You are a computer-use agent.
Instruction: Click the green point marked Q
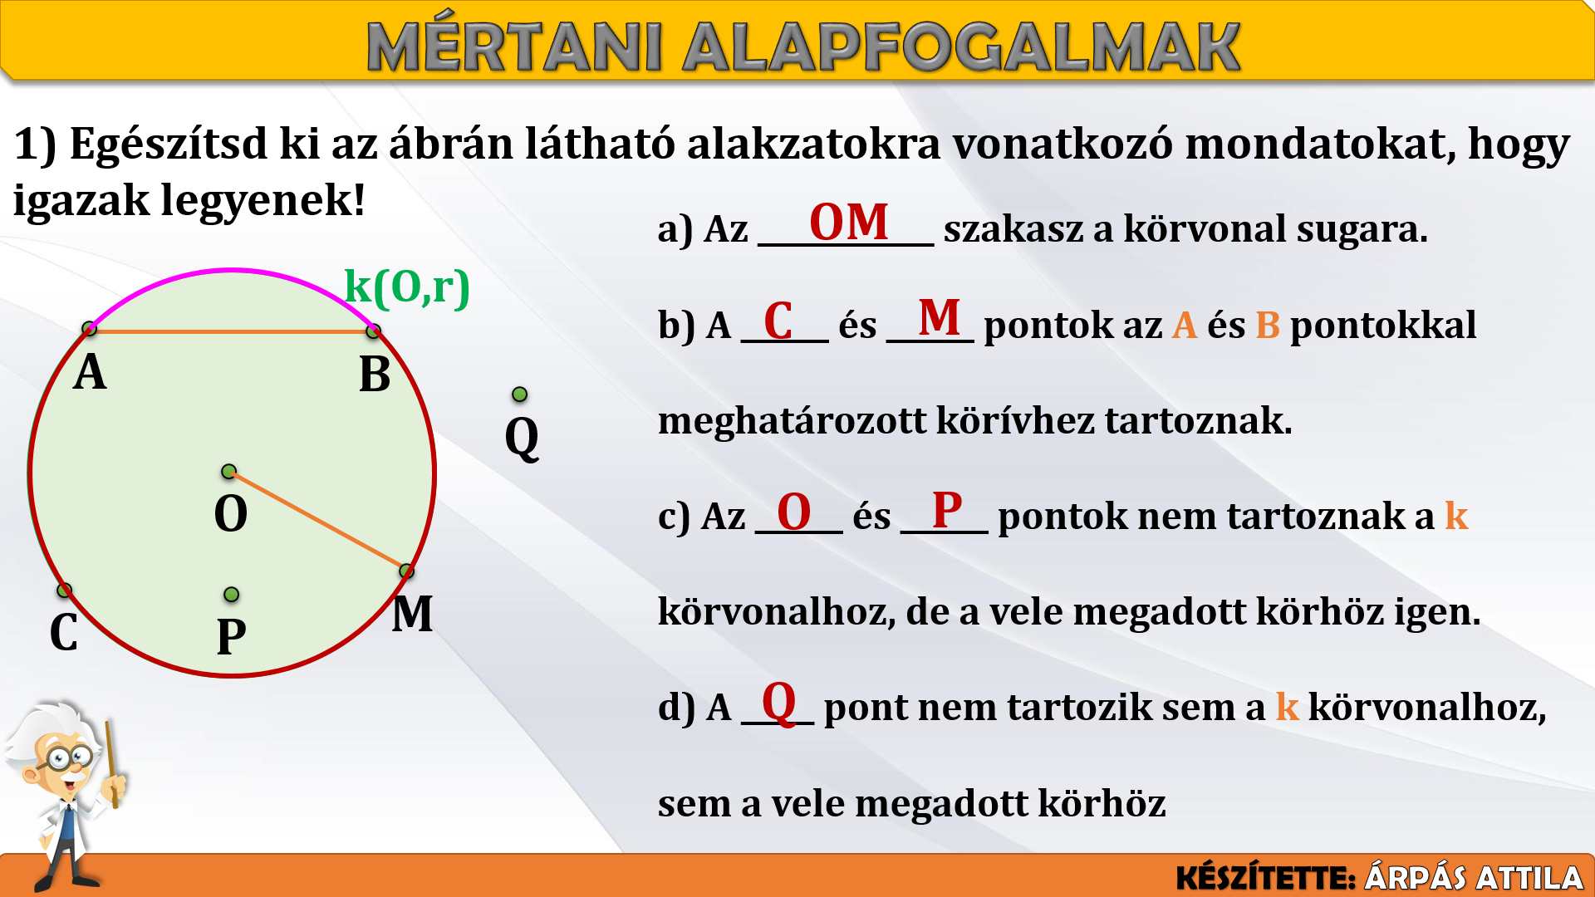tap(520, 394)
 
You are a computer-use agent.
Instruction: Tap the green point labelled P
tap(232, 595)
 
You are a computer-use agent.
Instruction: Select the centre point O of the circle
tap(229, 472)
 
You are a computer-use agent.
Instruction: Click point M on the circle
tap(406, 571)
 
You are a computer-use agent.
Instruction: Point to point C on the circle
tap(64, 591)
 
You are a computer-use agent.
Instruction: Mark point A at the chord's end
tap(90, 329)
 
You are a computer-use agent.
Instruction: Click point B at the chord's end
tap(374, 331)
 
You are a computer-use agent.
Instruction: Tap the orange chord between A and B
tap(232, 331)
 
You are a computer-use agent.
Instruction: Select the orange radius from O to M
tap(318, 522)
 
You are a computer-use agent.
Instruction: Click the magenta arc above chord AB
tap(232, 270)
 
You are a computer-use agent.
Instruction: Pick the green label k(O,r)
tap(407, 287)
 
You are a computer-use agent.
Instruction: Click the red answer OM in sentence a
tap(849, 223)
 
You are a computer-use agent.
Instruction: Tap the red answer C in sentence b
tap(778, 321)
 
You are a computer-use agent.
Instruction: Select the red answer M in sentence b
tap(940, 317)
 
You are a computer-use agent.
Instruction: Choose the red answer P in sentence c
tap(947, 509)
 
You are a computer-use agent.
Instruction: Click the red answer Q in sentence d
tap(779, 703)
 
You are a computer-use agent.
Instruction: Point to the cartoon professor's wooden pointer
tap(111, 764)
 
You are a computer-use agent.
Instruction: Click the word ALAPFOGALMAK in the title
tap(962, 47)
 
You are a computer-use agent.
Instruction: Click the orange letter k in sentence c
tap(1456, 516)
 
